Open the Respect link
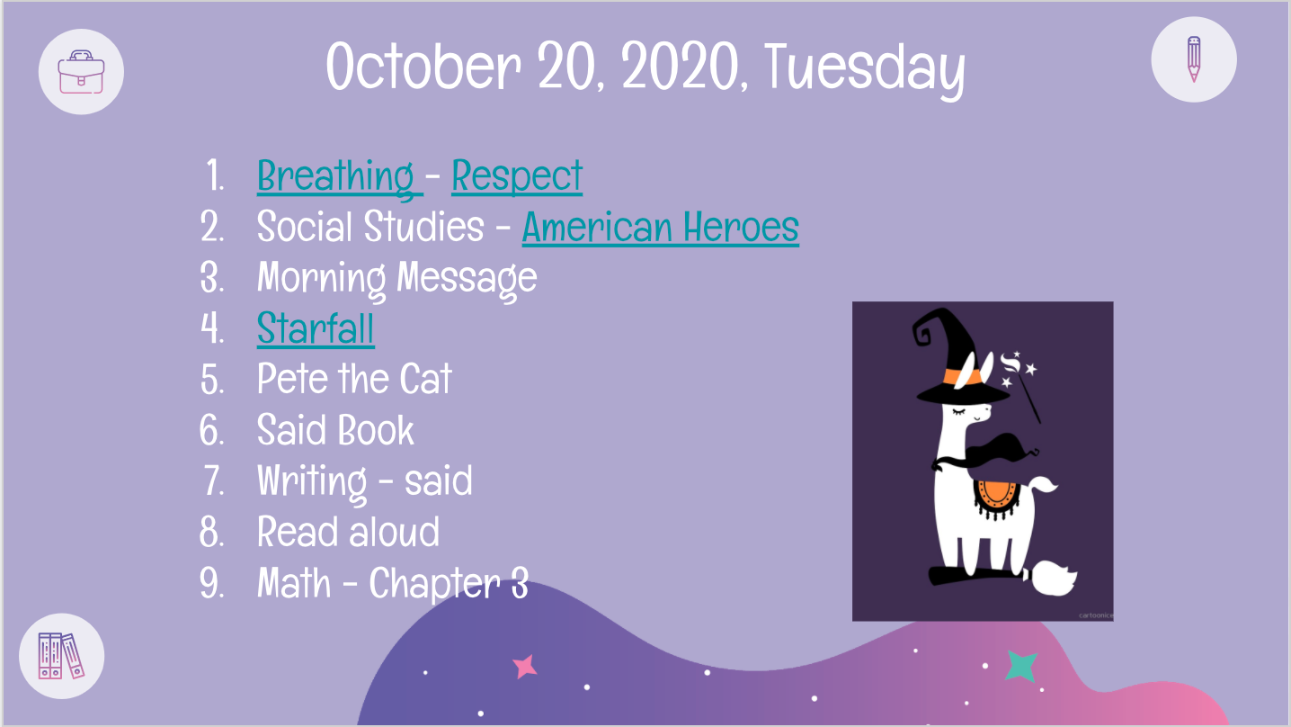coord(517,176)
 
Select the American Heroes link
coord(661,227)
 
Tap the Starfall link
coord(316,328)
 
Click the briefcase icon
coord(81,72)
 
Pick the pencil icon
coord(1194,59)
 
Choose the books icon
coord(61,656)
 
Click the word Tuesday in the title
coord(865,68)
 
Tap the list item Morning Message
coord(397,279)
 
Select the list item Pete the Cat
coord(354,379)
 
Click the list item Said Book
coord(335,430)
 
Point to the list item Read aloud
coord(348,532)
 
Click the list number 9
coord(211,583)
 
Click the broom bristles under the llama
coord(1053,578)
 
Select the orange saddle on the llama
coord(995,497)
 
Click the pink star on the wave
coord(525,667)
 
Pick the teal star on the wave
coord(1021,665)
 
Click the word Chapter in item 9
coord(434,584)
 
